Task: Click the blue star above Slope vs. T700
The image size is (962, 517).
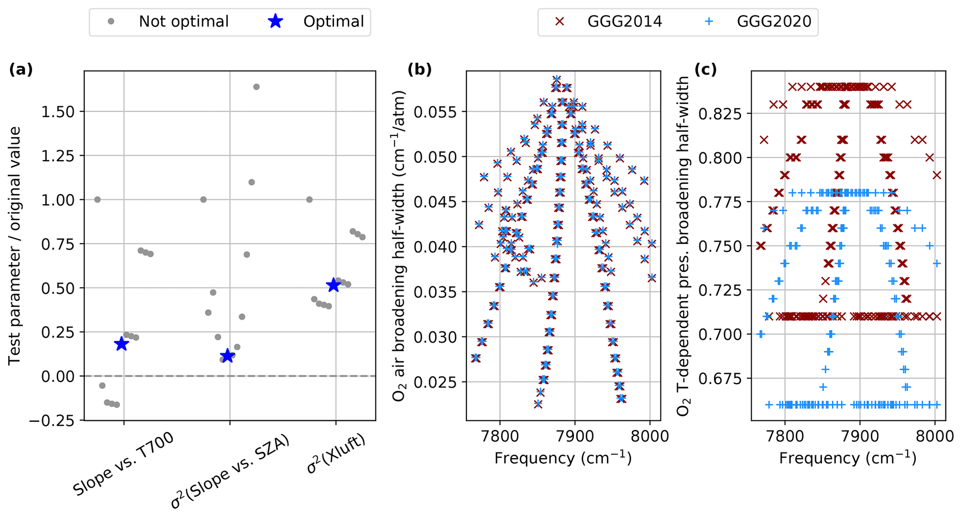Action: (121, 344)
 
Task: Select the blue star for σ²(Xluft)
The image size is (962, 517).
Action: (333, 285)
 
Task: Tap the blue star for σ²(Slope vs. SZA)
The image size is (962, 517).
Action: (228, 356)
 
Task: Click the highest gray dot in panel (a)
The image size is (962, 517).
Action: (256, 87)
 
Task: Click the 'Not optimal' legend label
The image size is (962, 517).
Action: (183, 21)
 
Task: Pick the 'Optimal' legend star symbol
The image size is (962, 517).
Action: (276, 21)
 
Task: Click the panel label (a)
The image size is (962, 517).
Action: (20, 69)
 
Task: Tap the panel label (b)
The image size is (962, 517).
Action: (419, 69)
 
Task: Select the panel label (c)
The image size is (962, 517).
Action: (705, 69)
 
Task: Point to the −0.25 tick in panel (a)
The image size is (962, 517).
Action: (53, 420)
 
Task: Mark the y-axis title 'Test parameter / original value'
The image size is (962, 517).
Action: (15, 246)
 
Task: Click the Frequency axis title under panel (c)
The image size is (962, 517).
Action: (848, 458)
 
